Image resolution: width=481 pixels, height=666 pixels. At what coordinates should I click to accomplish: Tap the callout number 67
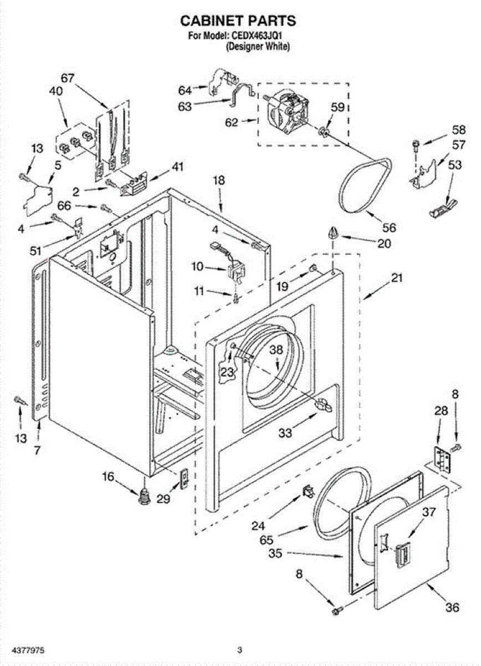68,78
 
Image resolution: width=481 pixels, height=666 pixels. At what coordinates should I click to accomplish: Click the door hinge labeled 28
442,458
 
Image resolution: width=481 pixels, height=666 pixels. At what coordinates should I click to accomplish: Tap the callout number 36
452,607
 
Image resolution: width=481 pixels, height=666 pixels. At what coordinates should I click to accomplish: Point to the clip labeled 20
332,233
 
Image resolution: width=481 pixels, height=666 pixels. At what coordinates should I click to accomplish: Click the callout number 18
219,179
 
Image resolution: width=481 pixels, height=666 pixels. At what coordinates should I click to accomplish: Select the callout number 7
37,451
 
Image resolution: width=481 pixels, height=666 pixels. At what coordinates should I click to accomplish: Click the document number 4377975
30,649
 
